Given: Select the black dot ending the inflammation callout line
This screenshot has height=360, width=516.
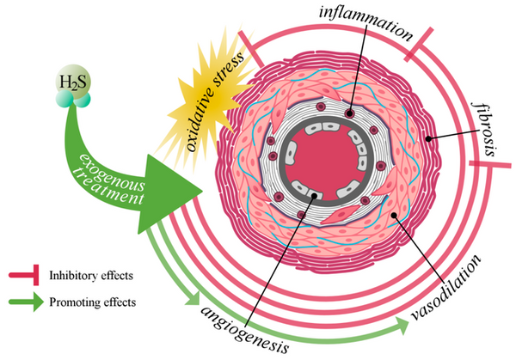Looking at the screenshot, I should coord(348,113).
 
